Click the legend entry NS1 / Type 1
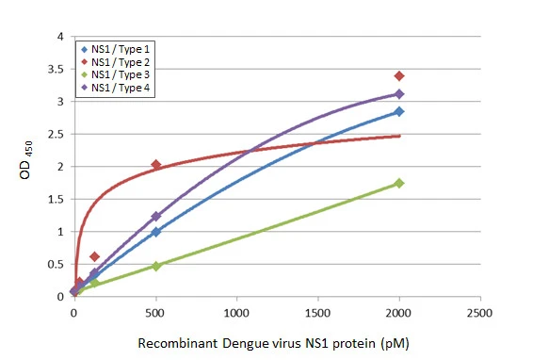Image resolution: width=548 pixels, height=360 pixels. click(119, 48)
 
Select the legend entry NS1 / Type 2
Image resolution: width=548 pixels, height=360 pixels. click(119, 61)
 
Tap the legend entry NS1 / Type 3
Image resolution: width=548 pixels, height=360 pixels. click(119, 74)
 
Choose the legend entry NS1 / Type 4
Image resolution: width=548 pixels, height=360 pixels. click(119, 88)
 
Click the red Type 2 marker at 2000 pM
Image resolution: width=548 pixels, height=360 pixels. click(399, 75)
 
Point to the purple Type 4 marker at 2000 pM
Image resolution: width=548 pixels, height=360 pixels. click(399, 94)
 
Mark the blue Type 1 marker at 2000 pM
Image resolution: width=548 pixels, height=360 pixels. click(399, 111)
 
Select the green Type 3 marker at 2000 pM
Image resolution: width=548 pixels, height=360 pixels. click(399, 183)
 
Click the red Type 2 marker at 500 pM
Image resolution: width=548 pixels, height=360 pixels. click(155, 165)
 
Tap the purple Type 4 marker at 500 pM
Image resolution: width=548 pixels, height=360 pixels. click(155, 216)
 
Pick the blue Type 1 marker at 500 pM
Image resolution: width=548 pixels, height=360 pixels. click(155, 232)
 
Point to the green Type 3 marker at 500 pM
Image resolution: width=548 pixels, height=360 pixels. click(155, 266)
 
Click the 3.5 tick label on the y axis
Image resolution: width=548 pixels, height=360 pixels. click(57, 70)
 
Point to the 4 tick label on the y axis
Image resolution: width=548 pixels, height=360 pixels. click(61, 38)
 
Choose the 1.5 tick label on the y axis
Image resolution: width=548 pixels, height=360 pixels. click(57, 200)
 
